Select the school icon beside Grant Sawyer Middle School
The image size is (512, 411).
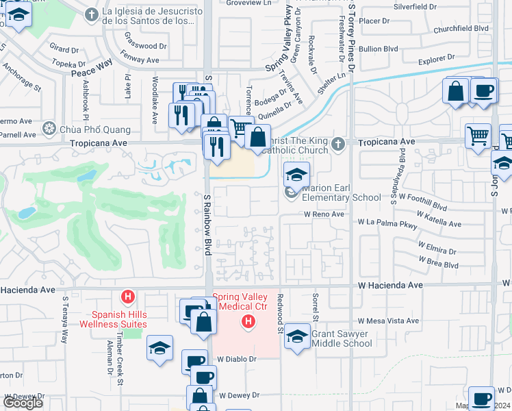pyautogui.click(x=297, y=336)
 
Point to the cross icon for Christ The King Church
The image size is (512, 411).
pyautogui.click(x=337, y=144)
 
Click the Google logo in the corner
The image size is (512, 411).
pyautogui.click(x=23, y=403)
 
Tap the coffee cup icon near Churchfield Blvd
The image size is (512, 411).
pyautogui.click(x=484, y=91)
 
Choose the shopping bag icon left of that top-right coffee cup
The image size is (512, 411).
pyautogui.click(x=456, y=91)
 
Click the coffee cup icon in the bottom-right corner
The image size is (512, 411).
pyautogui.click(x=481, y=398)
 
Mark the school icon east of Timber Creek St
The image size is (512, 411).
pyautogui.click(x=159, y=347)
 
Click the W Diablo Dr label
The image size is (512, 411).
pyautogui.click(x=237, y=358)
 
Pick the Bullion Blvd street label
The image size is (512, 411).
pyautogui.click(x=379, y=49)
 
